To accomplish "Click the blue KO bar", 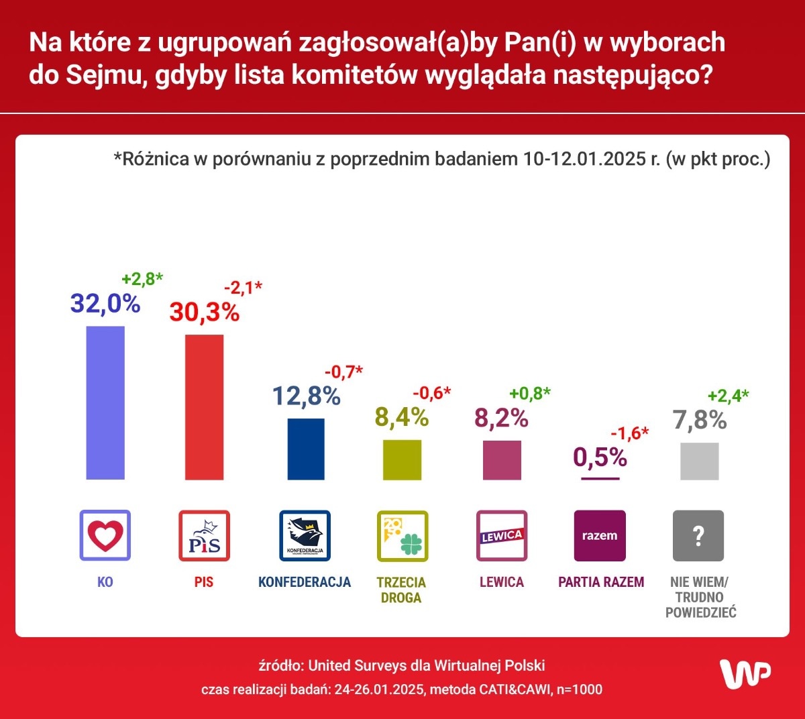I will click(105, 402).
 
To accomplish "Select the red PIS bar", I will click(204, 407).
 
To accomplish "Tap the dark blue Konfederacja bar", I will click(306, 449).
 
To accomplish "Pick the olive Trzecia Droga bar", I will click(402, 459).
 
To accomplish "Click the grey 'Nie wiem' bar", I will click(699, 461).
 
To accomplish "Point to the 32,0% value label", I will click(105, 304).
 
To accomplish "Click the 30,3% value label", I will click(204, 313).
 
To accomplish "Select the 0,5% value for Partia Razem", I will click(600, 457).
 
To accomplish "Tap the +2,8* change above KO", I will click(142, 279).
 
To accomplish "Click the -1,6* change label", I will click(629, 433).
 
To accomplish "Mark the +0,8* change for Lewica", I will click(529, 393).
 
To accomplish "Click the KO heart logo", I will click(105, 535).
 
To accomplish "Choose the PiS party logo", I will click(204, 535).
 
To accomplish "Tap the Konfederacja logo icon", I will click(305, 535).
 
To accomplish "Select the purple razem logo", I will click(600, 535).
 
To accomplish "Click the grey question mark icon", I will click(698, 535).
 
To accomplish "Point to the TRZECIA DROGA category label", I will click(401, 590).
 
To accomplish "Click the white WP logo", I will click(745, 673).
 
